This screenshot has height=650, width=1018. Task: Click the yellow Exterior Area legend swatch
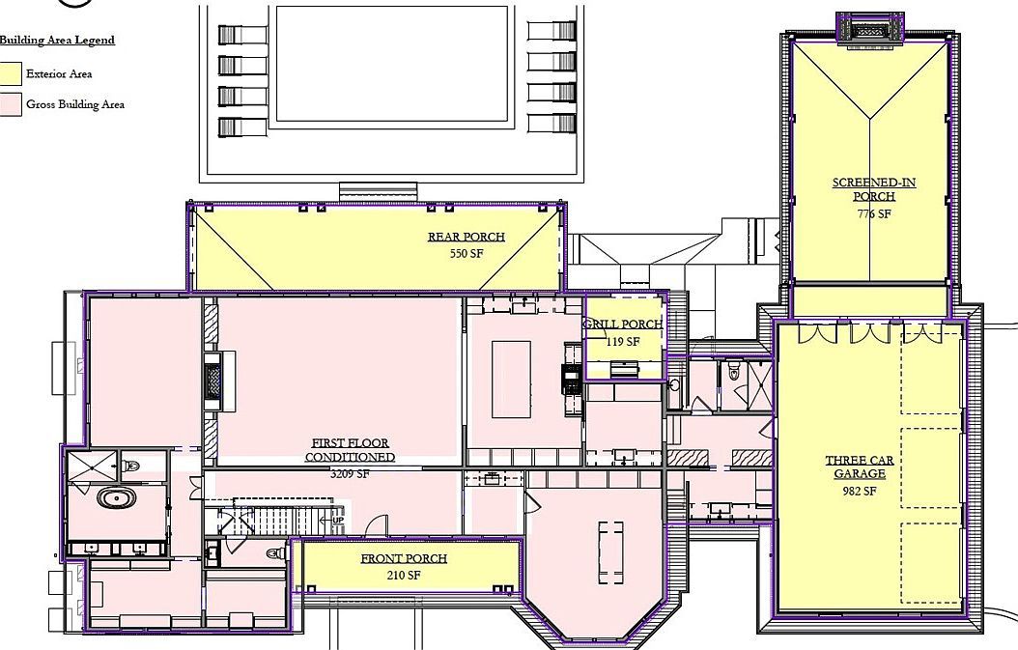(x=11, y=73)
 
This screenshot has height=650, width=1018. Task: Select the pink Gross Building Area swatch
(x=11, y=104)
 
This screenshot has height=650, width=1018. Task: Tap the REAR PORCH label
(x=467, y=238)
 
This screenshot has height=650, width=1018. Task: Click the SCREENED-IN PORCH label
(x=873, y=189)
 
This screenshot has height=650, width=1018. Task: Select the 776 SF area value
(x=873, y=214)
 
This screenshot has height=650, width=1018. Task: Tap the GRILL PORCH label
(x=624, y=325)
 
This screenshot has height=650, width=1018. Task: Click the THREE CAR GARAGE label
(x=859, y=467)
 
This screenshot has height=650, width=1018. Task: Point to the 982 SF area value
(x=858, y=492)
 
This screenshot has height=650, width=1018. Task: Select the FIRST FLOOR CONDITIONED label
(x=350, y=450)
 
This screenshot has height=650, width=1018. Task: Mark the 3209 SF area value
(x=350, y=474)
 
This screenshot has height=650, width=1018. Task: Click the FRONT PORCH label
(x=404, y=559)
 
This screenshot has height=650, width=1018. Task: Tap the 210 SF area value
(x=403, y=576)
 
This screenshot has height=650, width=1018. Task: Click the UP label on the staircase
(x=337, y=520)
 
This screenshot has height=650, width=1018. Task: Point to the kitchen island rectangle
(x=512, y=378)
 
